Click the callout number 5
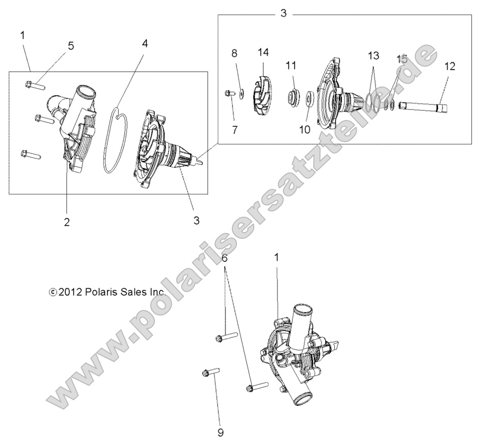tap(70, 46)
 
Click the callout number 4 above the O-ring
tap(145, 43)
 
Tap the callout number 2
tap(67, 221)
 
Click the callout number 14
tap(263, 52)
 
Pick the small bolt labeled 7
tap(228, 94)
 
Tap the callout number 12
tap(450, 66)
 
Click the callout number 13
tap(374, 55)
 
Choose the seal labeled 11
tap(293, 95)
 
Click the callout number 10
tap(304, 130)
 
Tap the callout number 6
tap(225, 259)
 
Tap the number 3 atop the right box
tap(284, 14)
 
